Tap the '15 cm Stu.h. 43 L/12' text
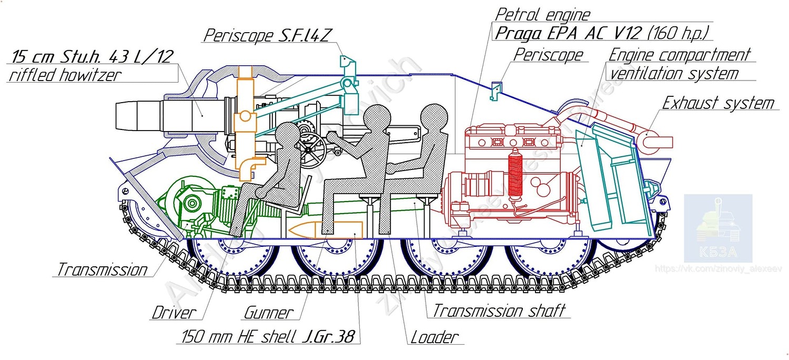[x=92, y=56]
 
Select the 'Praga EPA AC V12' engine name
[x=569, y=33]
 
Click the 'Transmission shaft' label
[x=498, y=311]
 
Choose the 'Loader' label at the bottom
[x=434, y=337]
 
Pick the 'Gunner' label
[x=268, y=313]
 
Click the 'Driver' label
[x=174, y=313]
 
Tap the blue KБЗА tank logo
[x=717, y=228]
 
